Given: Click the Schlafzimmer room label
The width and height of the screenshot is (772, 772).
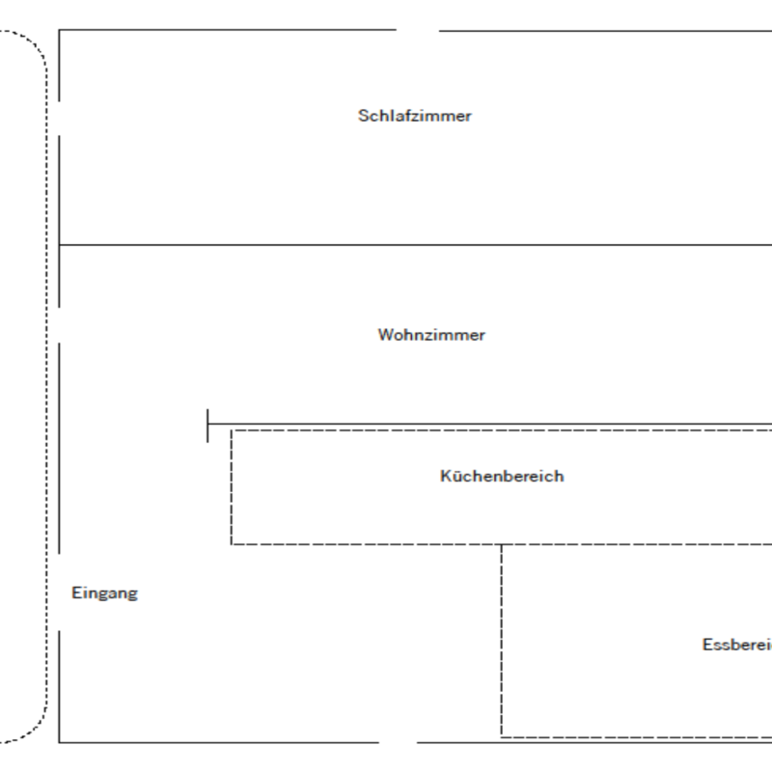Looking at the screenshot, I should pyautogui.click(x=415, y=116).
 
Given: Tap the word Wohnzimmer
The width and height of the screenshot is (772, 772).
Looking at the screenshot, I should pyautogui.click(x=431, y=335).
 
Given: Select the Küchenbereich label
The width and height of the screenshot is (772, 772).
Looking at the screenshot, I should pyautogui.click(x=502, y=476).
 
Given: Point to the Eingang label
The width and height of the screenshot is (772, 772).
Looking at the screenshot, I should pyautogui.click(x=104, y=593).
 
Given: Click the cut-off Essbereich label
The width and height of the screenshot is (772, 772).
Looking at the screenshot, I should pyautogui.click(x=736, y=645).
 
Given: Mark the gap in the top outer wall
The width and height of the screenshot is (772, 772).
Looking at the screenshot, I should pyautogui.click(x=418, y=30).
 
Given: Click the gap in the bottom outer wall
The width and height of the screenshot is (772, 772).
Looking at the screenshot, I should pyautogui.click(x=398, y=742).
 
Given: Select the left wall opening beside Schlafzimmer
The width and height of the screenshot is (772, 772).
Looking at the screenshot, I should pyautogui.click(x=59, y=118).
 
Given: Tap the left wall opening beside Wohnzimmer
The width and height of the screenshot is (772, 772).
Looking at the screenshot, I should pyautogui.click(x=59, y=324).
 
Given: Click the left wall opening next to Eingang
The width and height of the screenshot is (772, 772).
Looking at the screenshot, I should pyautogui.click(x=59, y=593).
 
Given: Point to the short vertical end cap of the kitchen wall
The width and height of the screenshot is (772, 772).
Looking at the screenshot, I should pyautogui.click(x=207, y=425).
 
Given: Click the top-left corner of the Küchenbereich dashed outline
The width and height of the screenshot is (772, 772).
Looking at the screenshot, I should pyautogui.click(x=232, y=431).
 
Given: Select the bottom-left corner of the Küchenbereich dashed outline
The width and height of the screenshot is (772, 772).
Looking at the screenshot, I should pyautogui.click(x=232, y=544).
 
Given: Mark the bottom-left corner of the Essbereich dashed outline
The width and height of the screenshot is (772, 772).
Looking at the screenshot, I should pyautogui.click(x=502, y=735).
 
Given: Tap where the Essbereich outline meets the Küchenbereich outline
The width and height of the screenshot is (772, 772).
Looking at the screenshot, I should pyautogui.click(x=502, y=544).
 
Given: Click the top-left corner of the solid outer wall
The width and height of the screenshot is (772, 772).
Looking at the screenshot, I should pyautogui.click(x=59, y=30).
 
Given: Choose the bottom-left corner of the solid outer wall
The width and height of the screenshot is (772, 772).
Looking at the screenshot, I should pyautogui.click(x=59, y=742).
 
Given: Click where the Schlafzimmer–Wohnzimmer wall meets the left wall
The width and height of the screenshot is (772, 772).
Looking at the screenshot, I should pyautogui.click(x=59, y=245).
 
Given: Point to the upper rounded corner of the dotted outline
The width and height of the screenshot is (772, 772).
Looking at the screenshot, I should pyautogui.click(x=35, y=43).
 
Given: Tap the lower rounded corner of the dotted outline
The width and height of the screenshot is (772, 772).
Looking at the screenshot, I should pyautogui.click(x=35, y=729).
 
